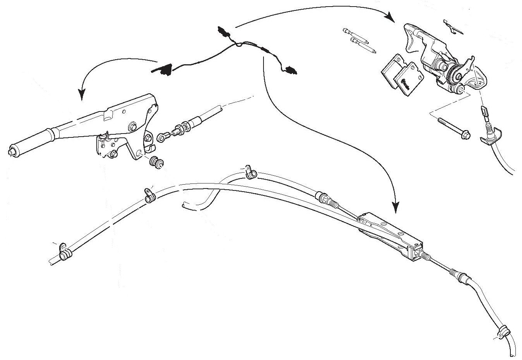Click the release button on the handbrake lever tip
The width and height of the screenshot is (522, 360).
11,151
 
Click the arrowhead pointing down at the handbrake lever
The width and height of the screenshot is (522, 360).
82,94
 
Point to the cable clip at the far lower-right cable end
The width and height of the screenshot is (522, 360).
503,331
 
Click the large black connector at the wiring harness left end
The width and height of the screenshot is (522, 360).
163,69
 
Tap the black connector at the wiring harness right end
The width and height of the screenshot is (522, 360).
289,70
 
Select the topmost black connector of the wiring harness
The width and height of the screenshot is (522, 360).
223,31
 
